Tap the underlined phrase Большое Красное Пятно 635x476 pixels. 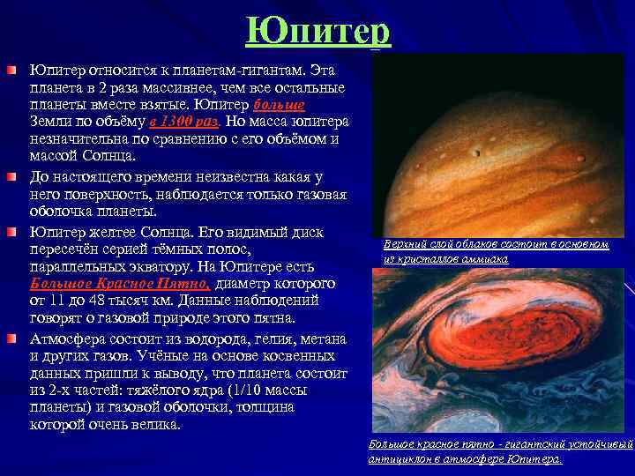(120, 285)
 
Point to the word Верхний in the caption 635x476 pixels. (407, 244)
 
